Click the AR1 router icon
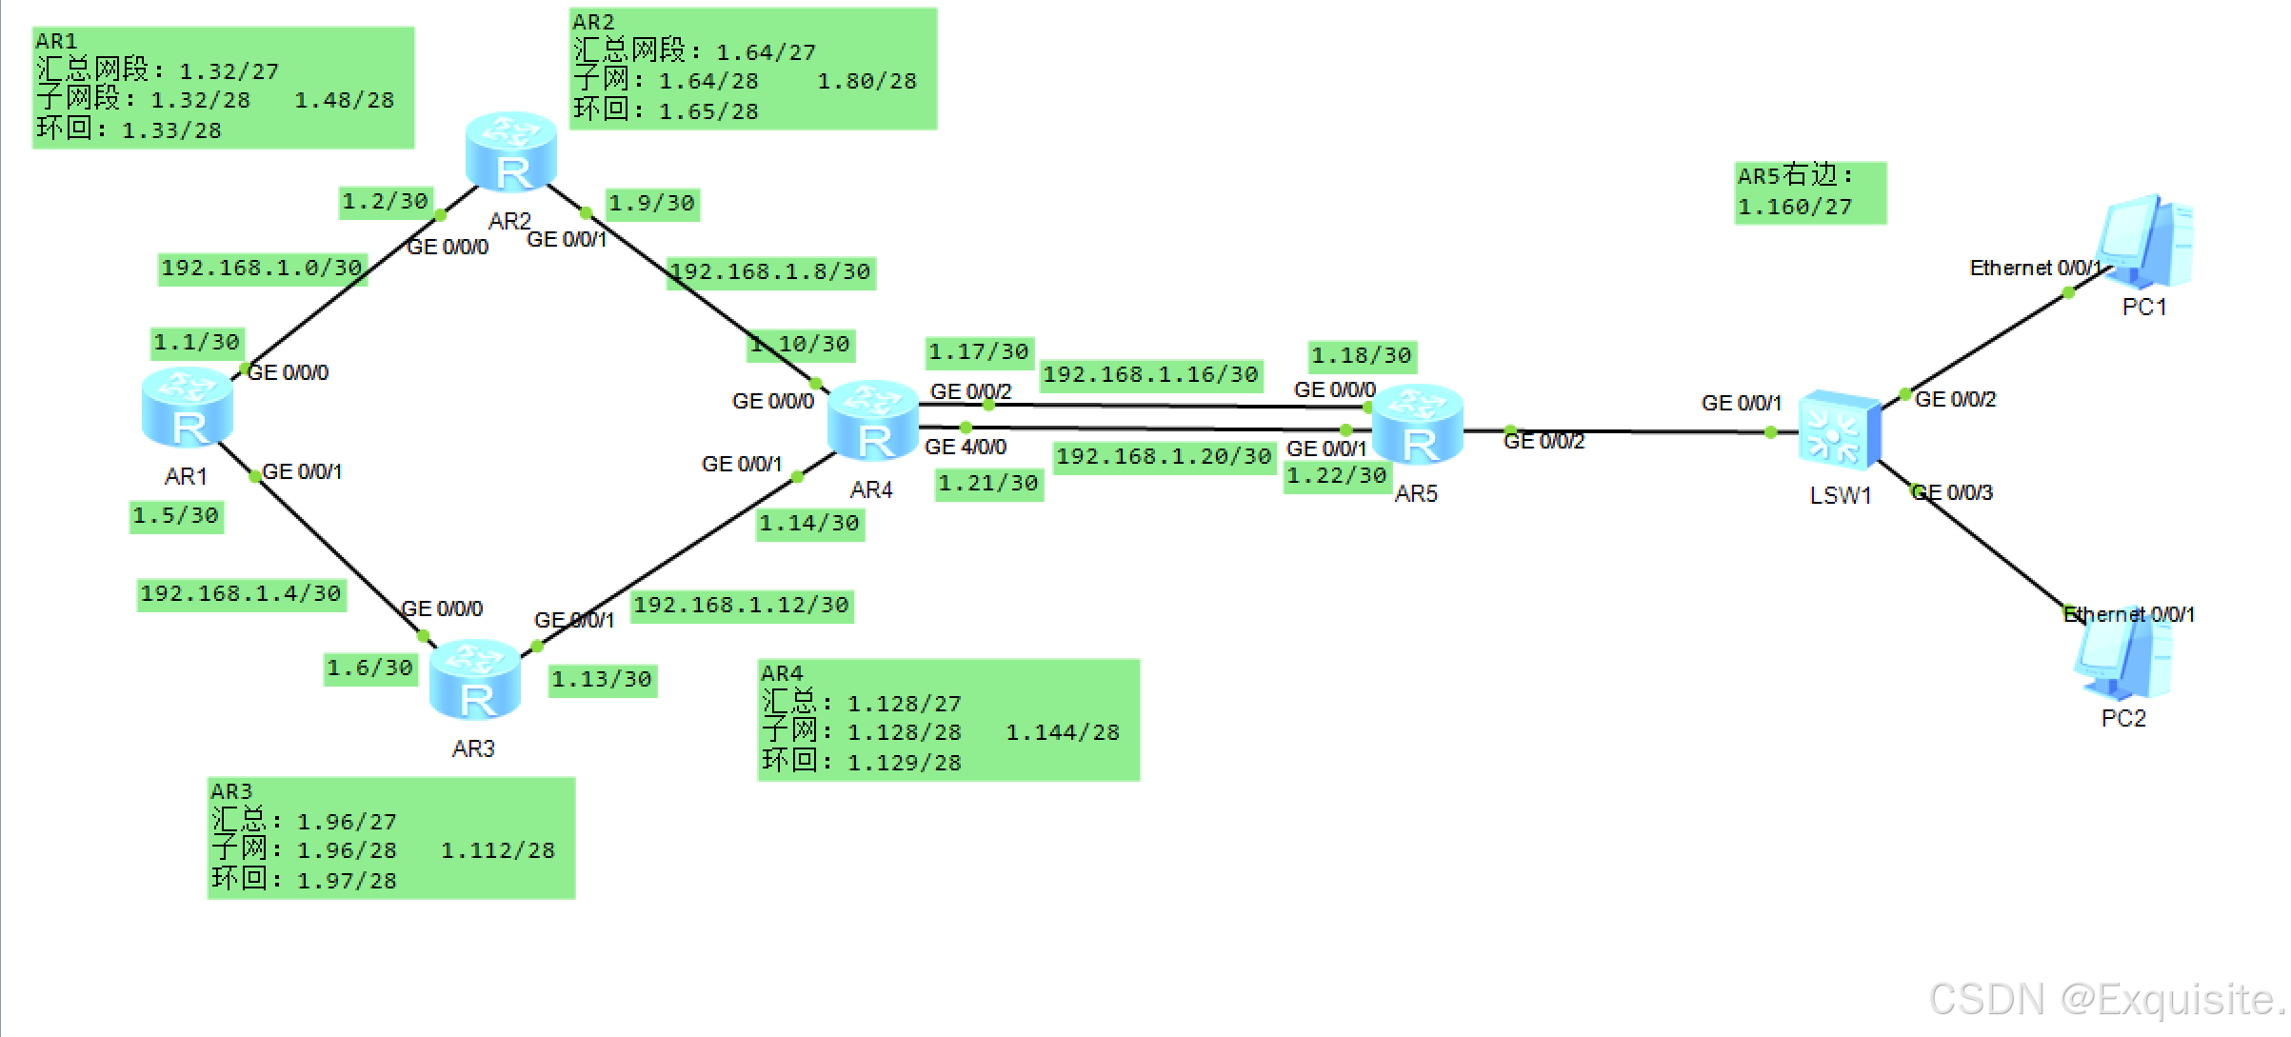tap(188, 408)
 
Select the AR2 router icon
tap(511, 152)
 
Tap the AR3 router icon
tap(475, 680)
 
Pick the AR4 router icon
tap(873, 420)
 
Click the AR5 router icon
tap(1418, 425)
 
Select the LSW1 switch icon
tap(1839, 430)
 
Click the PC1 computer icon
tap(2146, 243)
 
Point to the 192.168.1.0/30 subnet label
tap(262, 269)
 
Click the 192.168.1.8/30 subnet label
tap(771, 272)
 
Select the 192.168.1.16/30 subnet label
tap(1150, 375)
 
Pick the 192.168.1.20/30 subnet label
tap(1164, 457)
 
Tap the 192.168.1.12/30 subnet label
tap(742, 606)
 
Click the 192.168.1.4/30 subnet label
tap(241, 594)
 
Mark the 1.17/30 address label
tap(979, 352)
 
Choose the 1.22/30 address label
tap(1337, 476)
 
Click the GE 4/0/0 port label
tap(966, 447)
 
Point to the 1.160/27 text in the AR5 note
tap(1795, 208)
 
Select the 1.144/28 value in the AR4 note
tap(1063, 733)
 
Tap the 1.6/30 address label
tap(370, 668)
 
